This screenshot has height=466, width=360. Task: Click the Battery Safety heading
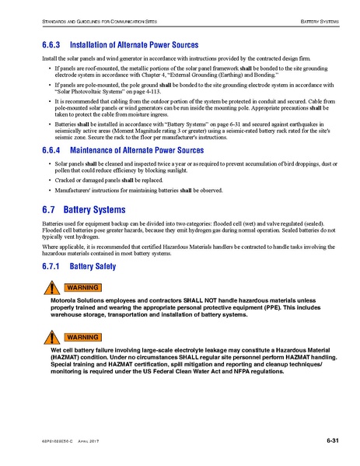(x=93, y=266)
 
